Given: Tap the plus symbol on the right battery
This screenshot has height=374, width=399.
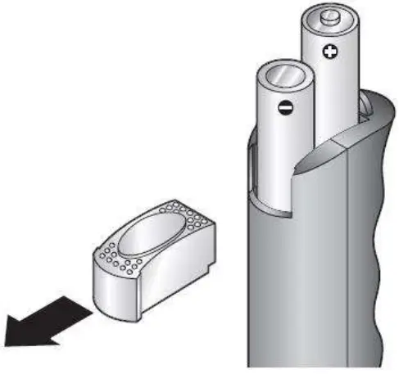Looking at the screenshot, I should (330, 53).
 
